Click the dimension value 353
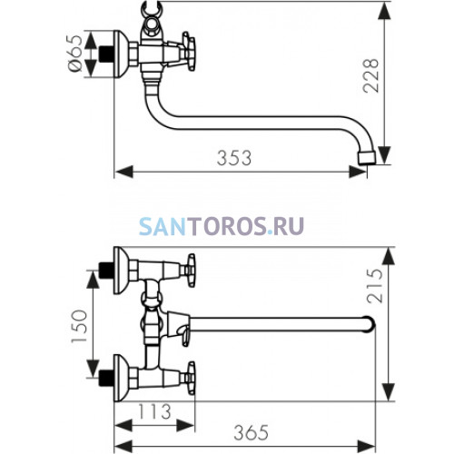click(234, 158)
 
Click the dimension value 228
click(370, 75)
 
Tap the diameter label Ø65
click(74, 54)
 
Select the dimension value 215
click(375, 285)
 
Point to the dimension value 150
click(79, 326)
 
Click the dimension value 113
click(154, 411)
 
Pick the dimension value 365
click(251, 432)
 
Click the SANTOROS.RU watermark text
click(222, 226)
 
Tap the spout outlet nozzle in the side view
click(367, 158)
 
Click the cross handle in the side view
click(188, 52)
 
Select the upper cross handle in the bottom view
click(189, 271)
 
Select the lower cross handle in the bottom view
click(189, 378)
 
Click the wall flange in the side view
click(121, 54)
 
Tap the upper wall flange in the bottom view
click(121, 271)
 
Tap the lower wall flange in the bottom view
click(121, 378)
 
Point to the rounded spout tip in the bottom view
click(370, 324)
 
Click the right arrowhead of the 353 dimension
click(358, 172)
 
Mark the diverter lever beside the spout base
click(185, 335)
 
